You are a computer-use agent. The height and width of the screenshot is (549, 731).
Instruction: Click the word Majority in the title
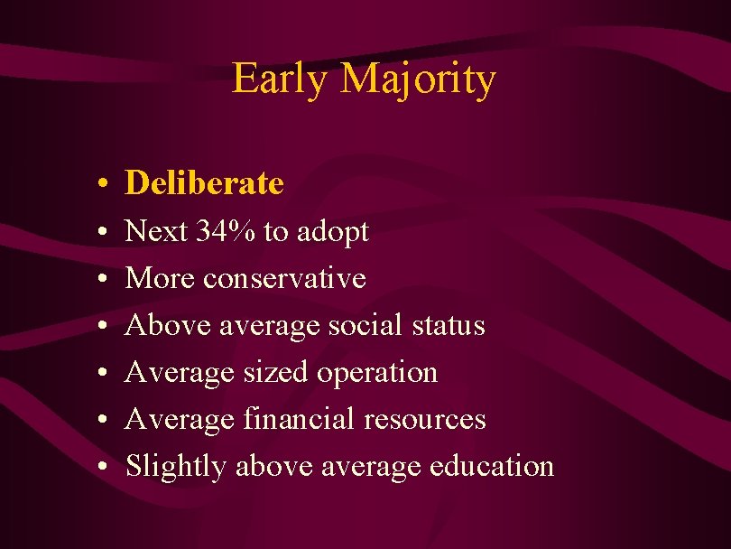click(418, 80)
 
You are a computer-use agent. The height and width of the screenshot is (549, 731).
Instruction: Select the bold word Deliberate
click(205, 183)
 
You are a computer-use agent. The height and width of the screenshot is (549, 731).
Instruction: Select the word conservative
click(284, 279)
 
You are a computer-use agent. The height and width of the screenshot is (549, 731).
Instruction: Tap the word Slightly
click(176, 467)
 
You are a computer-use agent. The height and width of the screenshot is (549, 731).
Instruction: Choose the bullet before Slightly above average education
click(105, 468)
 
